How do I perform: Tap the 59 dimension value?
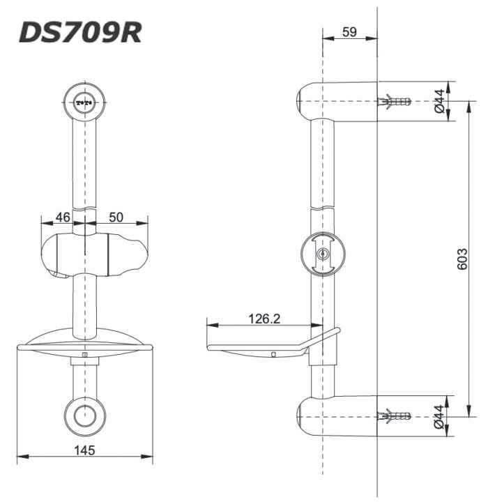[349, 31]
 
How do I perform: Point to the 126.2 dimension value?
[264, 318]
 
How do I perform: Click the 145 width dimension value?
[85, 450]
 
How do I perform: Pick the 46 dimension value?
[63, 217]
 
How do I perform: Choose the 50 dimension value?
[116, 217]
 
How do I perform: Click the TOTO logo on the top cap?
[85, 102]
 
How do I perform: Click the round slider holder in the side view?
[321, 254]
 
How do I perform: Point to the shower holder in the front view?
[93, 255]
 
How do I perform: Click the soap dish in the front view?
[84, 344]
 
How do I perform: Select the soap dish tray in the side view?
[258, 349]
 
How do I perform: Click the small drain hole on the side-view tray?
[274, 353]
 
